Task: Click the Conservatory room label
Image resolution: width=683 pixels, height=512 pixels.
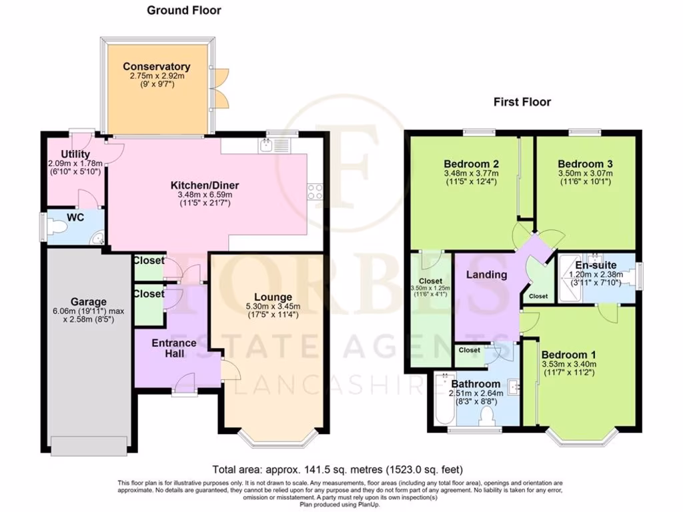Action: [x=156, y=67]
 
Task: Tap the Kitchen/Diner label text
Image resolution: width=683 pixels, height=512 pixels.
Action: [x=205, y=185]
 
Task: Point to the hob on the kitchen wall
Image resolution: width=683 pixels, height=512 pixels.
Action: [x=315, y=193]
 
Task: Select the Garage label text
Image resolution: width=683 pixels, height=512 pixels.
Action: [x=89, y=302]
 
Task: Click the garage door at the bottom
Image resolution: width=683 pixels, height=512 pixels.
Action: [x=89, y=445]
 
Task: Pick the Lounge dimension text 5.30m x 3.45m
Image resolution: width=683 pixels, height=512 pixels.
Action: [x=273, y=307]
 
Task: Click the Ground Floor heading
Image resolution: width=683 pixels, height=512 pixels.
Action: [x=183, y=10]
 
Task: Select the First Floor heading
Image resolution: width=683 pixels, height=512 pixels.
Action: [x=522, y=102]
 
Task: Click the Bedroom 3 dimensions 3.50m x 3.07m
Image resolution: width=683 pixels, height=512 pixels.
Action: [x=585, y=174]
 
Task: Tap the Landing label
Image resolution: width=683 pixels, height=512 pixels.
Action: [x=486, y=275]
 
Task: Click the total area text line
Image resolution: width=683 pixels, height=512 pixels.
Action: [x=337, y=469]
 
